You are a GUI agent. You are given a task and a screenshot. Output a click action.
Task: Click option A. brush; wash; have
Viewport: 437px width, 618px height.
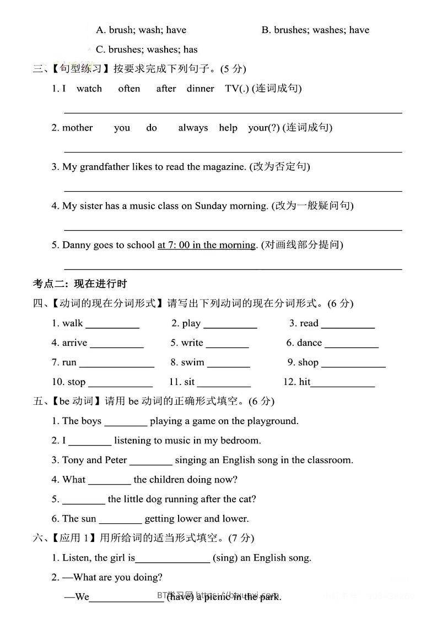141,30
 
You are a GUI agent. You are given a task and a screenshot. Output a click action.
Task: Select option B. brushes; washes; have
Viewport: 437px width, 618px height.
315,30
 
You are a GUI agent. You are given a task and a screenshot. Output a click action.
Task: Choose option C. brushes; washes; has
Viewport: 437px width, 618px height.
146,50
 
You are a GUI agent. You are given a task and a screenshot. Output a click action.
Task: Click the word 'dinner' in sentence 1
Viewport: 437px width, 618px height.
200,88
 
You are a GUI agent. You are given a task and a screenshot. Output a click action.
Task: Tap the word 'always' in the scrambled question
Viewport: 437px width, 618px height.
193,128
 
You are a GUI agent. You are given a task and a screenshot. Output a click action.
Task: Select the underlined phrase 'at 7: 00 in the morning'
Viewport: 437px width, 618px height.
207,245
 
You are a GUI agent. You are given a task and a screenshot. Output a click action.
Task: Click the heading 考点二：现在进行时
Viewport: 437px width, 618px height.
80,284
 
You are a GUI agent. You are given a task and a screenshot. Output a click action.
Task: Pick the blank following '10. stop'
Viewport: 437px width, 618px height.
120,384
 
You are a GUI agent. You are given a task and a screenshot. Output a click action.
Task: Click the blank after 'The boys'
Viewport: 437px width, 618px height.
126,423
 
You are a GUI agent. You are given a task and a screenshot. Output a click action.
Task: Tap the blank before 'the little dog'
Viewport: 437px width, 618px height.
83,501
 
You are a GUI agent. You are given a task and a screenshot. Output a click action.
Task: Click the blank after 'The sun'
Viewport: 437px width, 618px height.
120,521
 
